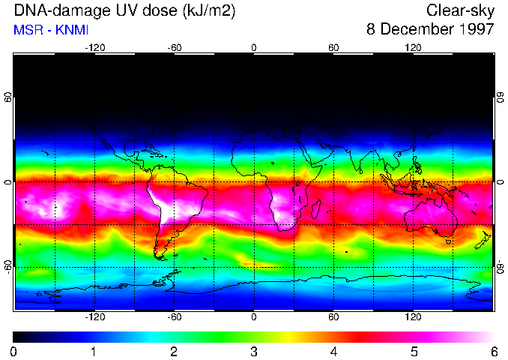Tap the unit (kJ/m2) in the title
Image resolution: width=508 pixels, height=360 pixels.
point(204,11)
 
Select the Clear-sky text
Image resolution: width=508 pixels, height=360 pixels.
point(461,11)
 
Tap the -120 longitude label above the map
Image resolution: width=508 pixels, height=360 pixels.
point(94,47)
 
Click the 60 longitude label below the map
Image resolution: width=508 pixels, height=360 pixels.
point(333,317)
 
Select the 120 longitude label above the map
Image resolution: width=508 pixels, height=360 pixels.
point(413,47)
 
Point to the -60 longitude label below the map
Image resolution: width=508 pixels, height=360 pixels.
point(174,317)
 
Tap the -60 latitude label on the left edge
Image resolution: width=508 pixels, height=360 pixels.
point(8,266)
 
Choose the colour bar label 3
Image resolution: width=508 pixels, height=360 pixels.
point(253,351)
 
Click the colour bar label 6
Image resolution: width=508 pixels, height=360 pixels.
point(493,351)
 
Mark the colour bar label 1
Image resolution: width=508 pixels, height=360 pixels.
point(94,351)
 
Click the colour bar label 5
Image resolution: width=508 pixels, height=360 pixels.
point(413,351)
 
